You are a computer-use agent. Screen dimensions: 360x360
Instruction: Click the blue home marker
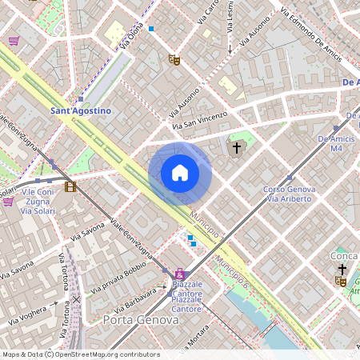click(x=180, y=174)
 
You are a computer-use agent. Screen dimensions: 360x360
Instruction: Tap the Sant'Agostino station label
click(x=80, y=110)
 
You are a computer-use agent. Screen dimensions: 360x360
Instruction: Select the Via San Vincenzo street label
click(x=200, y=119)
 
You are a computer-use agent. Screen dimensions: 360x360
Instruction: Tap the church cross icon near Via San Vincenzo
click(x=237, y=148)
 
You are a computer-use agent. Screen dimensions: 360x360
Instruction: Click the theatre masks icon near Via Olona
click(x=174, y=59)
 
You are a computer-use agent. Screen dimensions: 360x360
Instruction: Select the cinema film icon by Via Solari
click(x=71, y=187)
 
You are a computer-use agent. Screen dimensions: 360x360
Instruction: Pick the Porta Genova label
click(x=141, y=320)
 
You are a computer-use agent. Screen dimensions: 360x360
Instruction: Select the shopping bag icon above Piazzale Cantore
click(x=179, y=274)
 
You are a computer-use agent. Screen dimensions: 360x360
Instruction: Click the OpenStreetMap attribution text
click(x=80, y=354)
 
